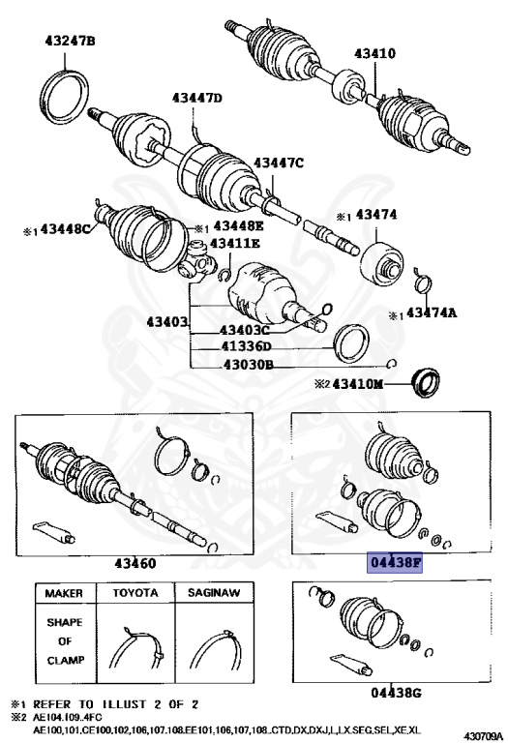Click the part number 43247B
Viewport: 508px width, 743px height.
70,42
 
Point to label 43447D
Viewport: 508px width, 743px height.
197,98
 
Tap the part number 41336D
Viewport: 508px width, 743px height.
248,346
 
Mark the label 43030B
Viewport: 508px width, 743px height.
248,364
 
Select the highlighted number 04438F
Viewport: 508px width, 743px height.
394,562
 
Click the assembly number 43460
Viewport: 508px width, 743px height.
134,562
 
